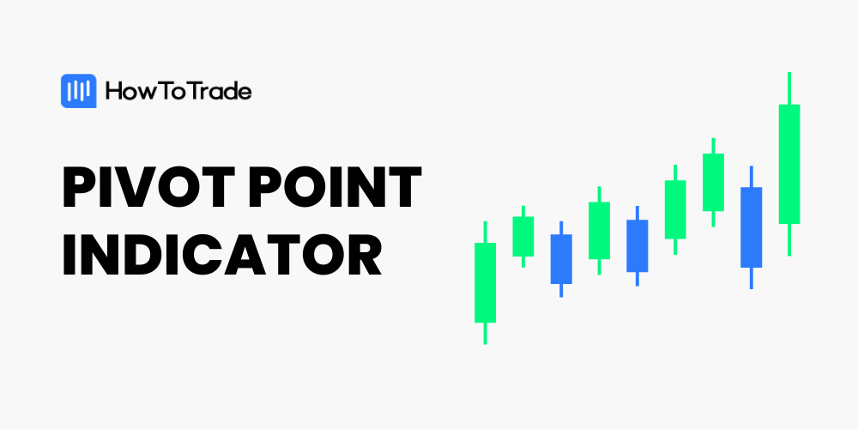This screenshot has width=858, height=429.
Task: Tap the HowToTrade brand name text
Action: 178,91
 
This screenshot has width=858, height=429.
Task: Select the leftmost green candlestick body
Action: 485,282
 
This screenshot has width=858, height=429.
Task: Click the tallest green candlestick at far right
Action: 789,164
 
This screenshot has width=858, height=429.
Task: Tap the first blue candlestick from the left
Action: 561,258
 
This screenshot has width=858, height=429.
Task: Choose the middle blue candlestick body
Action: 637,245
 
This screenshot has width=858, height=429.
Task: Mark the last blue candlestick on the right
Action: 752,227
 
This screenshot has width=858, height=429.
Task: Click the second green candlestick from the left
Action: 523,236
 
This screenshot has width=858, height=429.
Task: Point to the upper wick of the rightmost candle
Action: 789,88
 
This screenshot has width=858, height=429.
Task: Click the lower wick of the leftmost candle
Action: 485,333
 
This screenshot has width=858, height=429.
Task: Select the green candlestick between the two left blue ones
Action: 599,230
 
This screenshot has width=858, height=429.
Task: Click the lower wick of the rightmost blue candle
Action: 752,278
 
